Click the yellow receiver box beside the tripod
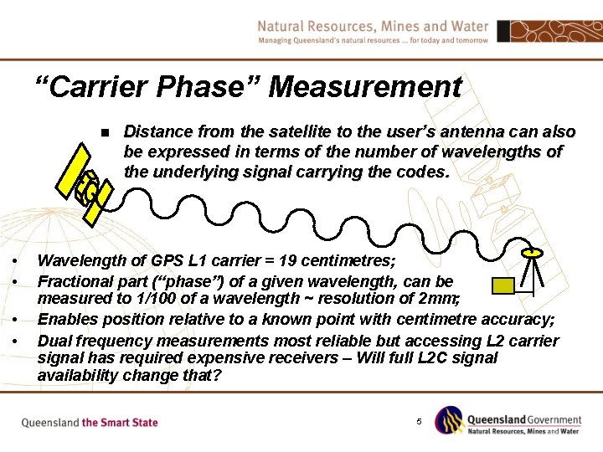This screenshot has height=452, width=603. click(502, 286)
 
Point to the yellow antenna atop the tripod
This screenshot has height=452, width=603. click(531, 250)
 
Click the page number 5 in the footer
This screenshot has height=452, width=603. click(419, 420)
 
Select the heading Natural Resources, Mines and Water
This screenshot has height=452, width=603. click(373, 26)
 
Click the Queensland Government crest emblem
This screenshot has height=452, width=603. click(451, 420)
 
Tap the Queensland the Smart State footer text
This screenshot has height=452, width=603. click(90, 423)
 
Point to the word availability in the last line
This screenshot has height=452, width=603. click(78, 376)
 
